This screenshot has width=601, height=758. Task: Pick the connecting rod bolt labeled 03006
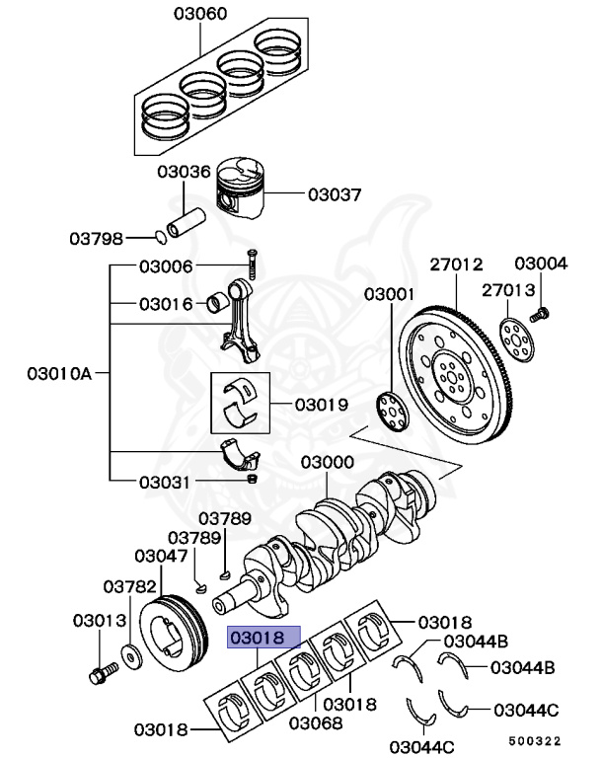[x=251, y=265]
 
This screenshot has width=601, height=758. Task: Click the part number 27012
[x=456, y=265]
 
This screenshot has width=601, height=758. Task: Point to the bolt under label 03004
[x=539, y=315]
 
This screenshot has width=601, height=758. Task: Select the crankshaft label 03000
[x=328, y=462]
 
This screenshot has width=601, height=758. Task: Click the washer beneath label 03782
[x=130, y=653]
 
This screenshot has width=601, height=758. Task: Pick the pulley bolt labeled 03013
[x=102, y=673]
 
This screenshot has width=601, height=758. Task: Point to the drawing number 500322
[x=534, y=740]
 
